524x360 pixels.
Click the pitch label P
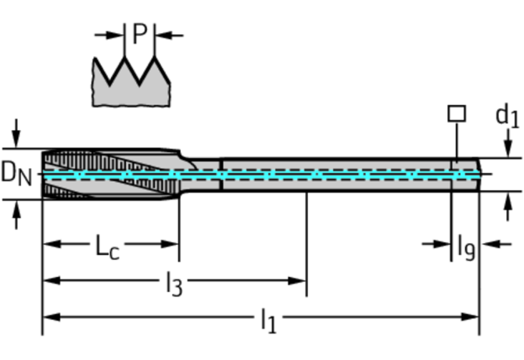tap(140, 34)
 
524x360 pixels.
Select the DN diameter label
tap(16, 175)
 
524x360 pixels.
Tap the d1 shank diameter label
tap(508, 115)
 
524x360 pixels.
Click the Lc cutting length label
tap(107, 247)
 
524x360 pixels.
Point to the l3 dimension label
tap(174, 284)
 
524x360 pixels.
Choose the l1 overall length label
tap(269, 321)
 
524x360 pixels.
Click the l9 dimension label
tap(466, 247)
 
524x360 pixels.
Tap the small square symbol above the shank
tap(457, 113)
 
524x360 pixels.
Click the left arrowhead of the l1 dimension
tap(52, 317)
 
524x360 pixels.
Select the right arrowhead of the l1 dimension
tap(470, 317)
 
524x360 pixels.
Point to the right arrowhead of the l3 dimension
tap(297, 280)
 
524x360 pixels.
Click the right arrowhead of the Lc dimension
tap(170, 244)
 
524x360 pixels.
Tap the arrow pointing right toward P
tap(109, 34)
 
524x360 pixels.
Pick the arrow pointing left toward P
tap(169, 34)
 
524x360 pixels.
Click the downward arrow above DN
tap(16, 133)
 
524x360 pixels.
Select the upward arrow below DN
tap(16, 214)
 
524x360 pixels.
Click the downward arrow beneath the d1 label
tap(508, 143)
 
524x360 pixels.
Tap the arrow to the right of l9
tap(496, 244)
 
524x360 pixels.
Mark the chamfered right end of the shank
tap(479, 175)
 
